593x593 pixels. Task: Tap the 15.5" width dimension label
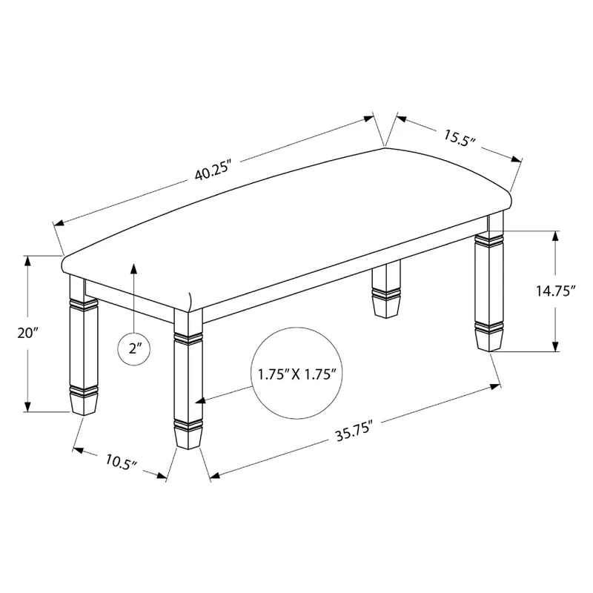click(x=459, y=138)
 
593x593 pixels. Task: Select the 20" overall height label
click(x=28, y=333)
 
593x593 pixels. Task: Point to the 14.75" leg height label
click(x=555, y=291)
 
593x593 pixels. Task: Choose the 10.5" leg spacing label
click(x=121, y=462)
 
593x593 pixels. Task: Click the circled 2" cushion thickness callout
click(x=134, y=348)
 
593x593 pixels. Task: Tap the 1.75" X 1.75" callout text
click(x=297, y=374)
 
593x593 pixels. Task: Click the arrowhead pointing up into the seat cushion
click(x=133, y=268)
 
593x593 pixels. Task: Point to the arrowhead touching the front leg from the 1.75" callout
click(x=200, y=400)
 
